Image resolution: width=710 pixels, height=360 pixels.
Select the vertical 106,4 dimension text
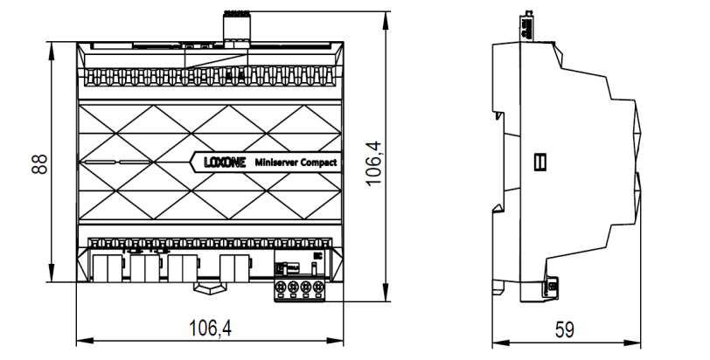pyautogui.click(x=374, y=160)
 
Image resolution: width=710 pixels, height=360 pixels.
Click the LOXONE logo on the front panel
pyautogui.click(x=222, y=162)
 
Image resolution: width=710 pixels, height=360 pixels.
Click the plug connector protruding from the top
pyautogui.click(x=236, y=26)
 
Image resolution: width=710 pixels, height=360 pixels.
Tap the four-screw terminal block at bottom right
pyautogui.click(x=295, y=287)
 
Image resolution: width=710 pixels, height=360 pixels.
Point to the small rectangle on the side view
pyautogui.click(x=540, y=162)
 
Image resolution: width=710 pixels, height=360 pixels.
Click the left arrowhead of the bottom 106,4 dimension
pyautogui.click(x=81, y=340)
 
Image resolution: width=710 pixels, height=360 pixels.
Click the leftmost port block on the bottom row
pyautogui.click(x=106, y=267)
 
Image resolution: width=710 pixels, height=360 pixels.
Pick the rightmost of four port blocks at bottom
pyautogui.click(x=234, y=267)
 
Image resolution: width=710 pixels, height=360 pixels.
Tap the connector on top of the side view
pyautogui.click(x=527, y=26)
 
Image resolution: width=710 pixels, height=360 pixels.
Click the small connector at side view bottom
pyautogui.click(x=553, y=285)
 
